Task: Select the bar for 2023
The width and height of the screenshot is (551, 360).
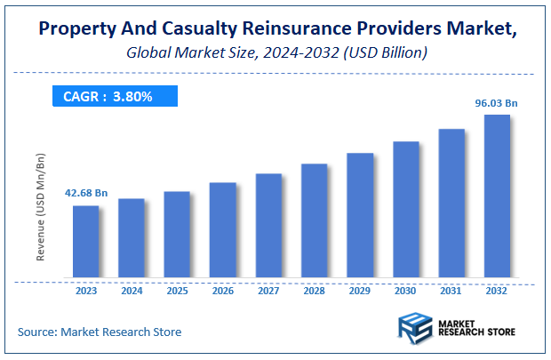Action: click(86, 242)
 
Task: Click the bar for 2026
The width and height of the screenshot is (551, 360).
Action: click(223, 230)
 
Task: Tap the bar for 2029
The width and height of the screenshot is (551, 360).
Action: click(360, 215)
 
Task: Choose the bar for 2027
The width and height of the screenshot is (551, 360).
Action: click(268, 226)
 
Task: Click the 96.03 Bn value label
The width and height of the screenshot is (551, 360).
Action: click(496, 103)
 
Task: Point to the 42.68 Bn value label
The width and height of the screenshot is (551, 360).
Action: click(86, 193)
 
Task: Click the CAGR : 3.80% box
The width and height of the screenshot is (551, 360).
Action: click(108, 96)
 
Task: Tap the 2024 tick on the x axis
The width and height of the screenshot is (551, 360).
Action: click(132, 290)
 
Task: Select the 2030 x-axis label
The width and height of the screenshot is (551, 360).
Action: click(405, 290)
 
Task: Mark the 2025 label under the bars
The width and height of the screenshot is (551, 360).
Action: click(177, 290)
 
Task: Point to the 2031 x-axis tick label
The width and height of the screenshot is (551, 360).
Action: click(451, 290)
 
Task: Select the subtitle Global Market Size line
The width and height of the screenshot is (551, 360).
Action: click(275, 53)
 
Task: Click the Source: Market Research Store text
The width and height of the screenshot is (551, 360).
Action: click(100, 332)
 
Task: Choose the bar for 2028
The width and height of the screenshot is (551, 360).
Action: click(315, 221)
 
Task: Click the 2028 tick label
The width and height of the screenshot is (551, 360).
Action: click(315, 290)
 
